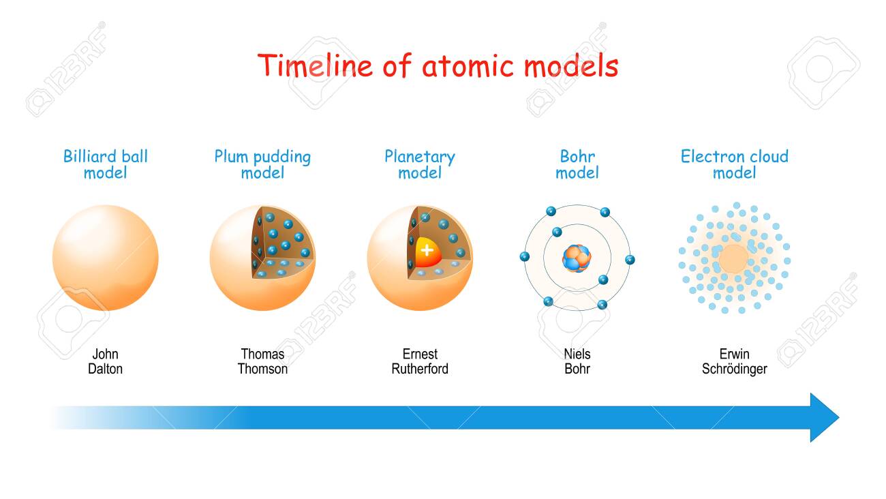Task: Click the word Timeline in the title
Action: [315, 65]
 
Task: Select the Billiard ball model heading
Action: [106, 164]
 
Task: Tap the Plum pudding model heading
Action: [262, 164]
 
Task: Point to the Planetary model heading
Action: [420, 164]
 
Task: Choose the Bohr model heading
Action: [577, 164]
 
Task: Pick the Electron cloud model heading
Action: [735, 164]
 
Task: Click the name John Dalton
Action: [105, 361]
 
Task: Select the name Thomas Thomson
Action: [262, 361]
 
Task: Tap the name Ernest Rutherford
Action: [420, 361]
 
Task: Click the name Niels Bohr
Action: [577, 361]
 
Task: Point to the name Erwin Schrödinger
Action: [735, 361]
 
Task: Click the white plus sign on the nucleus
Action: [427, 250]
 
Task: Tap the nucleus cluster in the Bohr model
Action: [577, 258]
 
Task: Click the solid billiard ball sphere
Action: [106, 258]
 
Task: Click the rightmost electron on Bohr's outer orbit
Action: [630, 260]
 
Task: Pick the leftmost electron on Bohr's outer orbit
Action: [525, 256]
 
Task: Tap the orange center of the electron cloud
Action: [734, 259]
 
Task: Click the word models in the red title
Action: [572, 65]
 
